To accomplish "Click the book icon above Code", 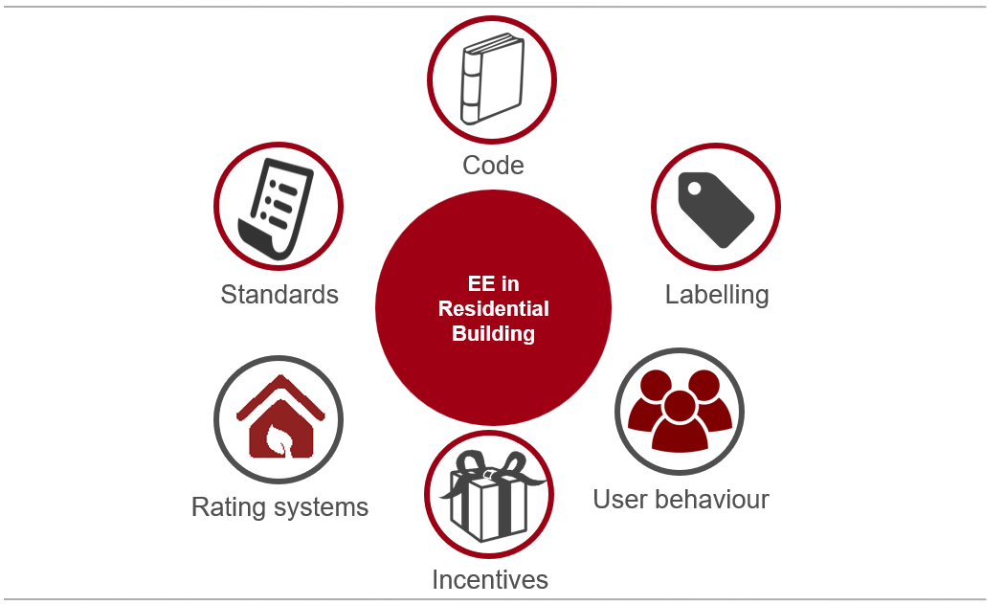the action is [492, 78].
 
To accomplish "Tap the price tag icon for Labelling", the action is [715, 209].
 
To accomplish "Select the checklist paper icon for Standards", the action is [276, 209].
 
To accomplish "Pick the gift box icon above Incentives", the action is [490, 495].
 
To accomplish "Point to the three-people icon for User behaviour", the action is [680, 411].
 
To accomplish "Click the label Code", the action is [493, 166].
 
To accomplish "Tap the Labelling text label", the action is [717, 295].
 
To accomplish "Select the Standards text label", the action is [279, 295].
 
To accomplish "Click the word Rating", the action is [229, 507].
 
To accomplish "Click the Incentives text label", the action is [490, 580].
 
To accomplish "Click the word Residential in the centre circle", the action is [494, 309].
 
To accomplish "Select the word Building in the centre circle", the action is [494, 334].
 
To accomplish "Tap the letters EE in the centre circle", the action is [480, 284].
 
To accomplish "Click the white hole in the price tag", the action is [694, 189].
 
